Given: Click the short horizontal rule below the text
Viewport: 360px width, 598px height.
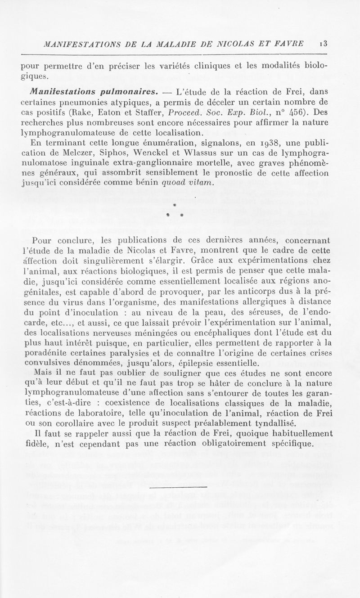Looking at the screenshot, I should pos(178,487).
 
